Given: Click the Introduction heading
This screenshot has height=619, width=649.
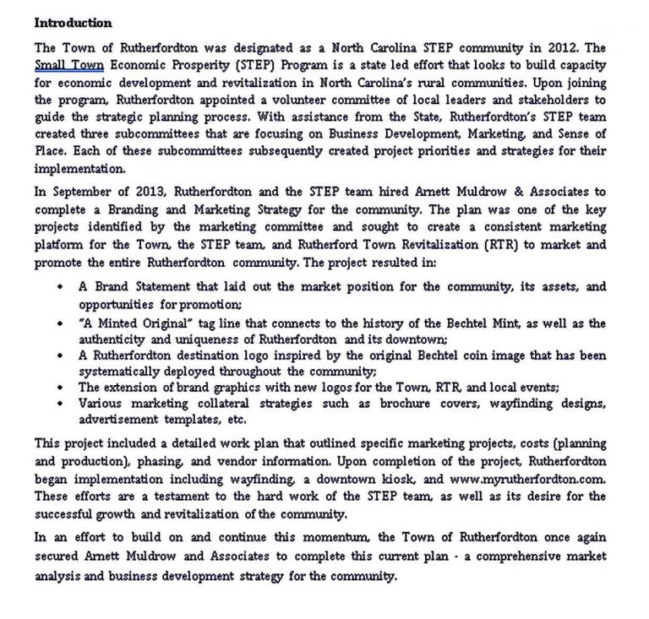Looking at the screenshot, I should tap(73, 23).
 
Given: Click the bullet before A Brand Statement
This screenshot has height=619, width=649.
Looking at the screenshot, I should tap(60, 287).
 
